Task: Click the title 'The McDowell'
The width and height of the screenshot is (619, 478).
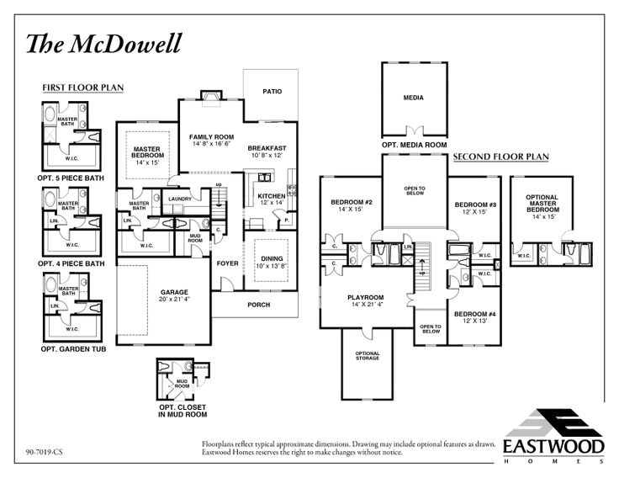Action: (103, 43)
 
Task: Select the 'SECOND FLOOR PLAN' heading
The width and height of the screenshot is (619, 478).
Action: (500, 157)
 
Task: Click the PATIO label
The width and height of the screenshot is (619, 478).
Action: (272, 91)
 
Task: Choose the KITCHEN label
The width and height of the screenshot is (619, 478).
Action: (272, 197)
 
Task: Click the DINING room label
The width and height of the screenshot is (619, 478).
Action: (271, 259)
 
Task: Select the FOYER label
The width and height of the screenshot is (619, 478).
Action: (228, 263)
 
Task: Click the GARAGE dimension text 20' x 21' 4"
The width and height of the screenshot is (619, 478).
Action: (175, 300)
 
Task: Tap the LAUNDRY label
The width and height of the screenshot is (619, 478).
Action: (181, 199)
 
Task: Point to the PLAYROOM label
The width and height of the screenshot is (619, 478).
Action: (366, 297)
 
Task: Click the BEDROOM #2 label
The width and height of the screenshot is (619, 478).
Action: (351, 203)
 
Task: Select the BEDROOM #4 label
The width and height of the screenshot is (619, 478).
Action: (475, 315)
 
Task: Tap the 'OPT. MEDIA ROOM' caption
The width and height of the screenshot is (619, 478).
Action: (414, 145)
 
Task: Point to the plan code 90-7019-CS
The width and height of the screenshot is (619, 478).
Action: (45, 452)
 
